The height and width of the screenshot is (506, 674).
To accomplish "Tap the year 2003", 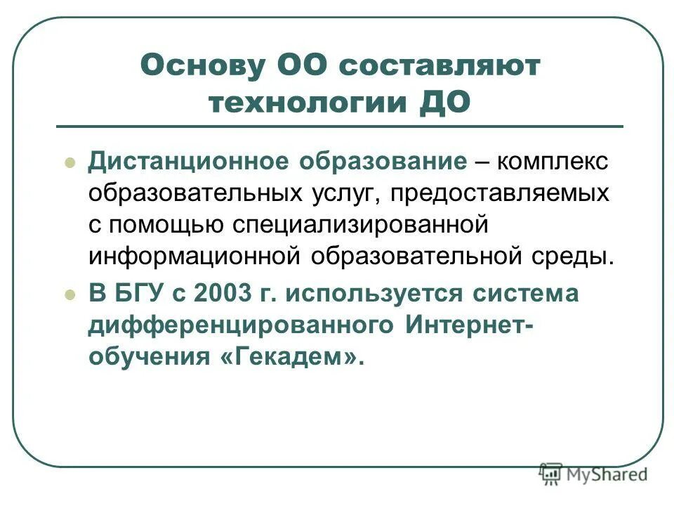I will [221, 294].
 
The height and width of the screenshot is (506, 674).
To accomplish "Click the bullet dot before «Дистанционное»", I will [69, 162].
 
